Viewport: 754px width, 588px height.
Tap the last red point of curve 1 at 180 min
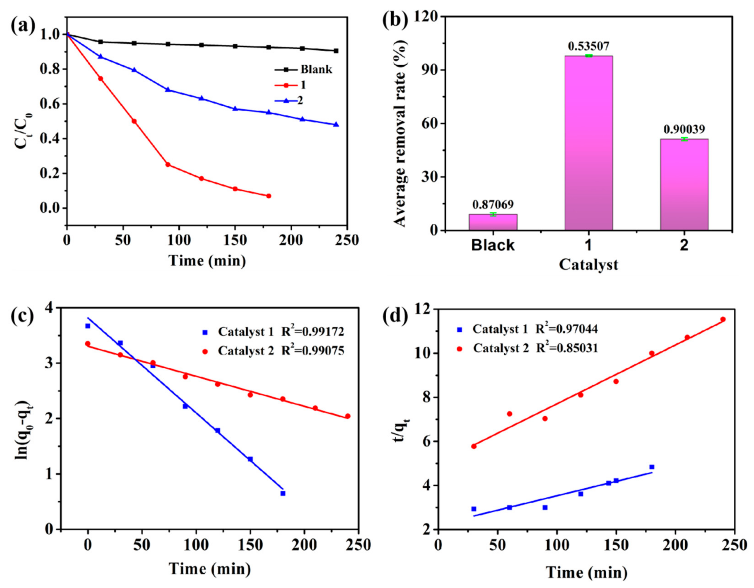tap(269, 196)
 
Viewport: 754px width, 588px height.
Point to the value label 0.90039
tap(684, 129)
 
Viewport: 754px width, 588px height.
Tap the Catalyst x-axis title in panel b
tap(588, 265)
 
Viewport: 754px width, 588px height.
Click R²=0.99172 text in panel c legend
tap(313, 331)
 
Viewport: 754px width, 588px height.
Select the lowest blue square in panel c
tap(283, 493)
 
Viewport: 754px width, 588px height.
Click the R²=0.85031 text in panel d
tap(567, 348)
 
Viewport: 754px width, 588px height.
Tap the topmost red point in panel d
tap(723, 319)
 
